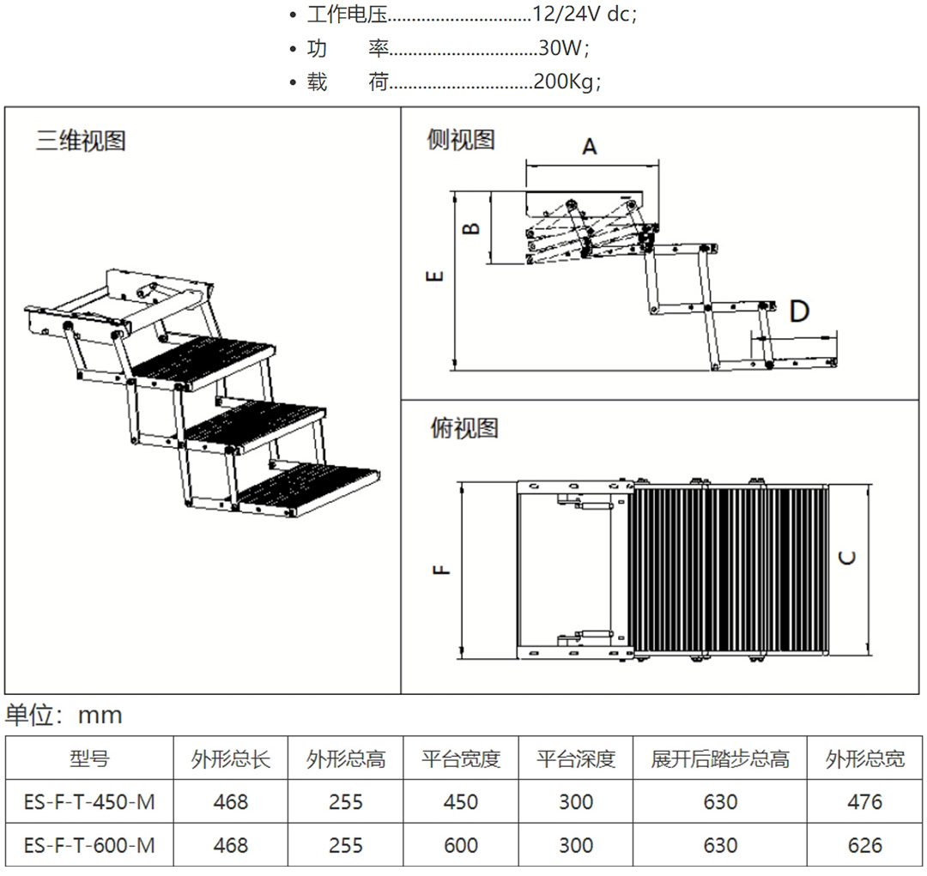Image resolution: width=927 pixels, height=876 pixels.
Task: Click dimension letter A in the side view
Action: (x=590, y=147)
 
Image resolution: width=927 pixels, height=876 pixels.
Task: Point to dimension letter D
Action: (x=799, y=311)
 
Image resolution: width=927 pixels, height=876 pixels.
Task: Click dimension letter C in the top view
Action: (x=847, y=557)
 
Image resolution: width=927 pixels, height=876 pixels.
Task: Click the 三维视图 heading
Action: (x=81, y=141)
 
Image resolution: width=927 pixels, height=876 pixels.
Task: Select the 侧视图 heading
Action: (x=461, y=140)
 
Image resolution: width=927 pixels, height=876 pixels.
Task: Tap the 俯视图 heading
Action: (x=463, y=427)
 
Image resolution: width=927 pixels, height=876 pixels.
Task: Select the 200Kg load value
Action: (x=566, y=82)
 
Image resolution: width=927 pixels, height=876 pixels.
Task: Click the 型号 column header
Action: (x=89, y=758)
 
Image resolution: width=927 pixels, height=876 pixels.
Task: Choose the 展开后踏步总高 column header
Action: (x=719, y=758)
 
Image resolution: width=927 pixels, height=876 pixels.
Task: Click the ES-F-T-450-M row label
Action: (x=89, y=801)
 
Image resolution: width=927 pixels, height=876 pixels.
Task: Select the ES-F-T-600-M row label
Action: (x=89, y=845)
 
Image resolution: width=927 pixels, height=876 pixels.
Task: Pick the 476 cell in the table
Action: (x=864, y=801)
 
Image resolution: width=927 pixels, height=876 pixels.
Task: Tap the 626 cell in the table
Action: (x=864, y=845)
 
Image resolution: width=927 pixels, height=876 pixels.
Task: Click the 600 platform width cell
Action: (x=461, y=845)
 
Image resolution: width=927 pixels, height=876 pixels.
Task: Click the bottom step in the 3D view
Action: (x=309, y=489)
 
